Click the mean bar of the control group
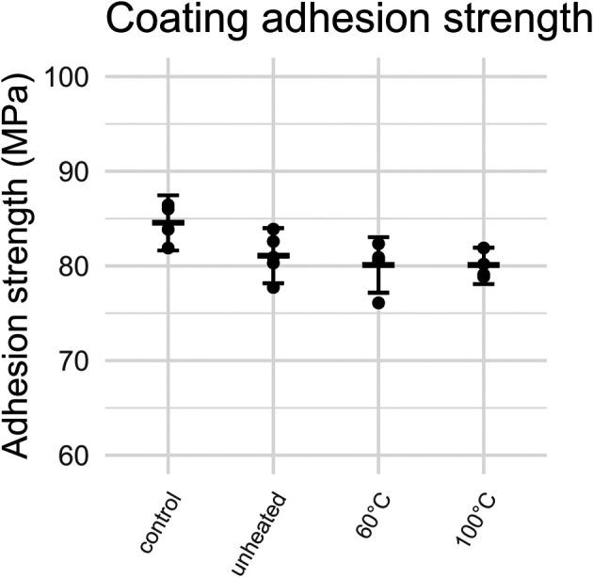[168, 222]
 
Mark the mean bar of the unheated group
[273, 255]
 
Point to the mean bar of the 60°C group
[378, 264]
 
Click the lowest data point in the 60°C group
[378, 302]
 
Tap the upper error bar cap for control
[168, 195]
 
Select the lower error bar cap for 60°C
[378, 293]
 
